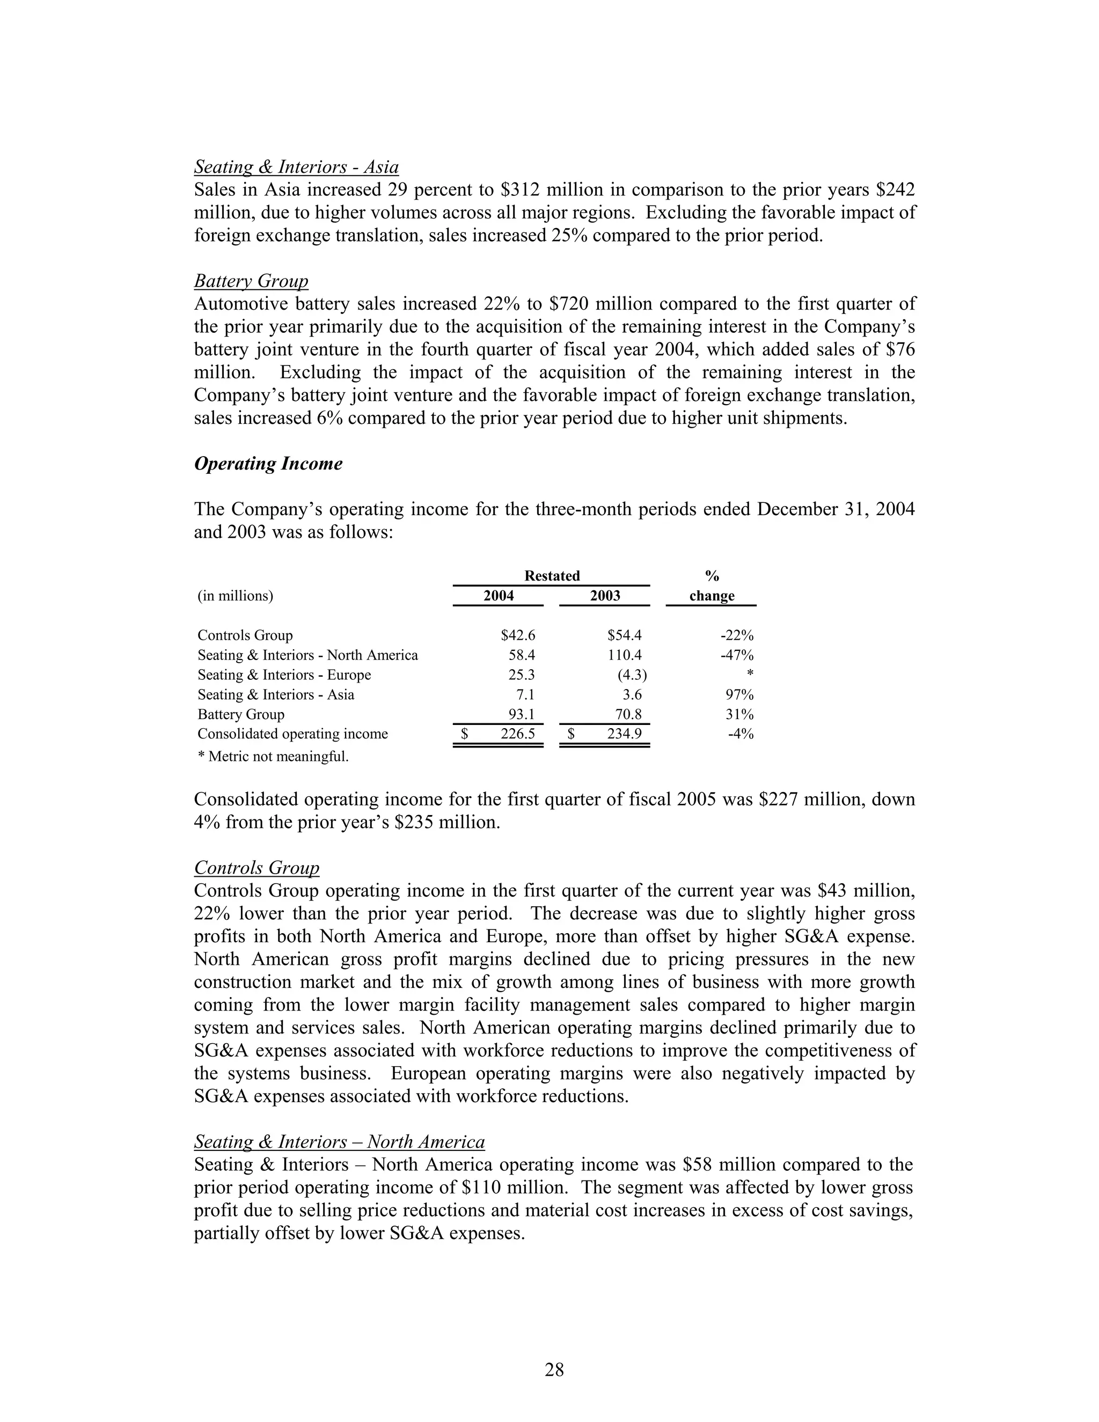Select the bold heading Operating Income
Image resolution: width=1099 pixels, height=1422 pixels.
tap(268, 464)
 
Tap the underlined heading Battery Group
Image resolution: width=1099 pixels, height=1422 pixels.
tap(251, 281)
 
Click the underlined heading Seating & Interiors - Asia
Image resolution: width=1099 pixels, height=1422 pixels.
tap(296, 167)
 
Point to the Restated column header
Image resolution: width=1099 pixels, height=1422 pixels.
tap(552, 576)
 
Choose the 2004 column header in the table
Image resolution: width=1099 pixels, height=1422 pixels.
tap(498, 596)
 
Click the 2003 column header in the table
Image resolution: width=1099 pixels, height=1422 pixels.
tap(604, 596)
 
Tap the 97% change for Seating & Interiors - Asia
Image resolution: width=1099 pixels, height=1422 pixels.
tap(739, 695)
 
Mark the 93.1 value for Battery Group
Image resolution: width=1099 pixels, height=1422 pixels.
tap(522, 714)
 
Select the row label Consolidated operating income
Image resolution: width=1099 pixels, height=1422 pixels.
tap(292, 734)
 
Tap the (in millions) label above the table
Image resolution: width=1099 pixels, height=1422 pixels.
tap(235, 596)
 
